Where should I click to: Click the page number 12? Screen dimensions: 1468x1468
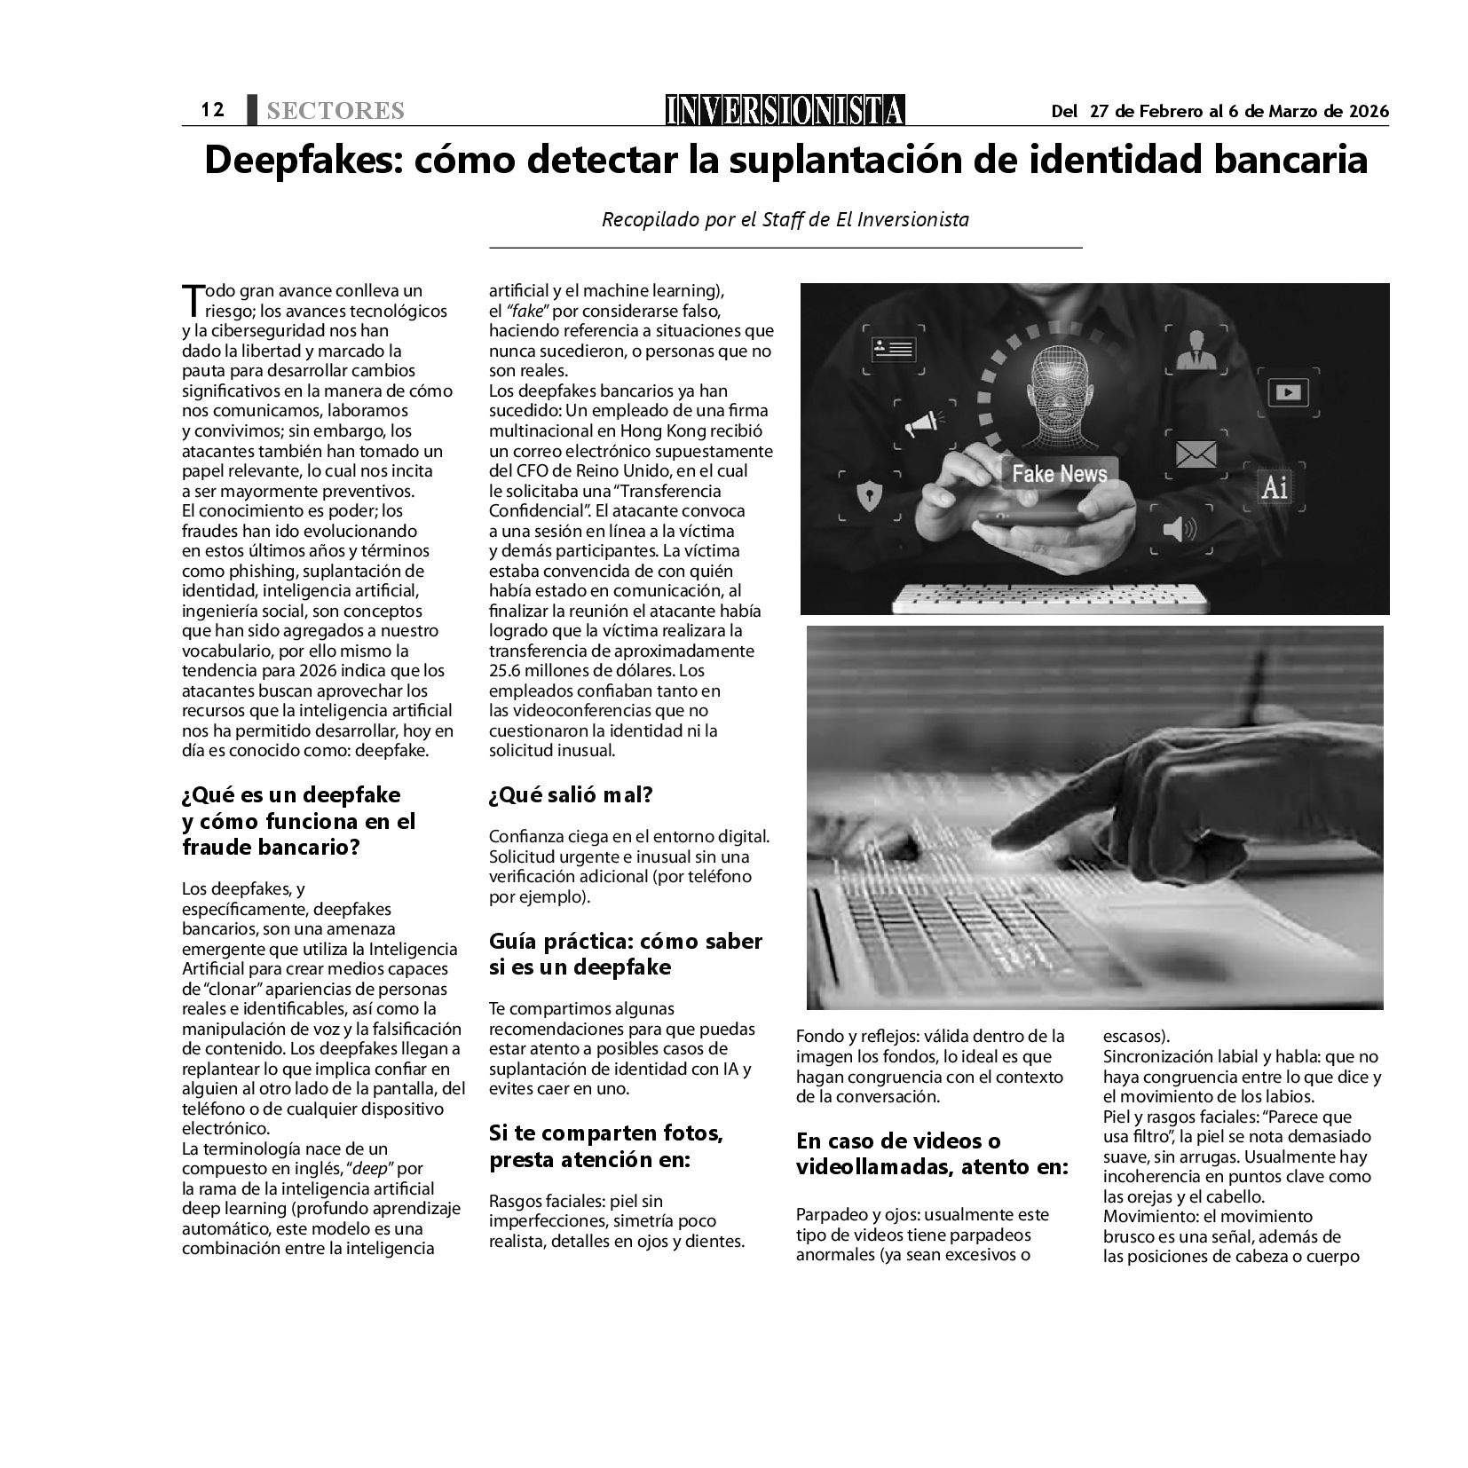pos(212,109)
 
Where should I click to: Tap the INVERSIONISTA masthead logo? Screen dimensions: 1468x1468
pos(785,110)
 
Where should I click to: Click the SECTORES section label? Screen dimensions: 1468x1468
pos(335,111)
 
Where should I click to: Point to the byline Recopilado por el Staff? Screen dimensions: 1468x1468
pos(785,219)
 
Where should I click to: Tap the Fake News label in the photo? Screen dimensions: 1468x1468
pos(1059,473)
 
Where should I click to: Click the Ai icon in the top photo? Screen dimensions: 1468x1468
pos(1274,487)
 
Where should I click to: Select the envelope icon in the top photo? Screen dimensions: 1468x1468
pos(1196,454)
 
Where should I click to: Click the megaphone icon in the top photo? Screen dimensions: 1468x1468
pos(920,425)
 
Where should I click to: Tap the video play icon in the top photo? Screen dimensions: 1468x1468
pos(1288,391)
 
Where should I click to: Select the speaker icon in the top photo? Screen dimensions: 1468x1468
pos(1179,530)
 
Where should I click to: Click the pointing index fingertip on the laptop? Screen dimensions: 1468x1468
pos(1004,846)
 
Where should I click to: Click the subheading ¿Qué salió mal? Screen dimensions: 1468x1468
pos(570,794)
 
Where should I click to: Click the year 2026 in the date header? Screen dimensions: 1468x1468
pos(1369,111)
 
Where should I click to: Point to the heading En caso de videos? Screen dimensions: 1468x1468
pos(898,1140)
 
